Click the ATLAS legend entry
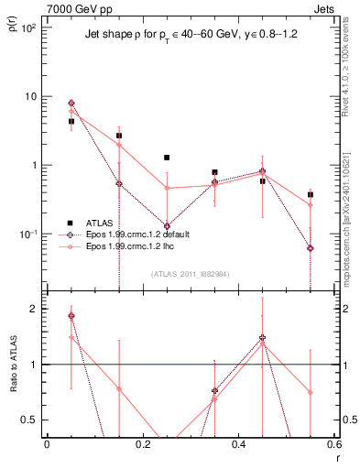click(91, 223)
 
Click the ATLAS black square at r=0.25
click(167, 158)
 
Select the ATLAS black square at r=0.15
click(119, 136)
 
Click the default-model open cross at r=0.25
click(167, 225)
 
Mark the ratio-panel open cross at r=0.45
click(263, 338)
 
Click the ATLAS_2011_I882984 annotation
click(191, 273)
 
